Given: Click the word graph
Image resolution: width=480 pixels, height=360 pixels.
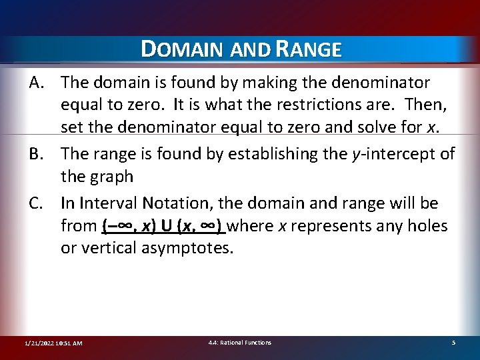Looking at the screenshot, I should click(109, 177).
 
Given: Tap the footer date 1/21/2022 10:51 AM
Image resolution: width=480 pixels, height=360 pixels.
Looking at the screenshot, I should click(53, 343).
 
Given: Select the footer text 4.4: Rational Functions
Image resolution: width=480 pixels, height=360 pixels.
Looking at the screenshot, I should click(240, 343).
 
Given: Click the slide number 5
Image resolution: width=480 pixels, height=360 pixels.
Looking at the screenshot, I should click(453, 343).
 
